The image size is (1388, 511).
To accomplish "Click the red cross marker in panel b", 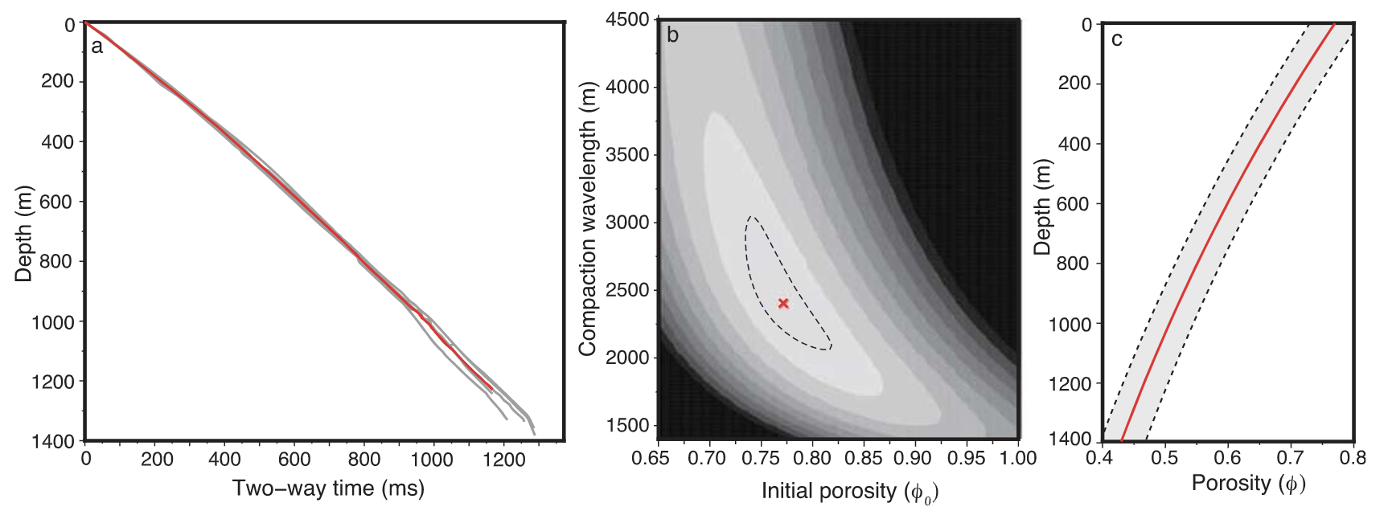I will (x=783, y=304).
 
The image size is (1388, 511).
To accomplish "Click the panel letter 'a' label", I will (x=97, y=47).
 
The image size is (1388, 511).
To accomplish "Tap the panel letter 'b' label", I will (x=672, y=35).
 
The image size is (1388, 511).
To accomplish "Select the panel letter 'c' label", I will (x=1116, y=39).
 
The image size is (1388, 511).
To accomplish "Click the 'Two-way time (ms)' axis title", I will (x=328, y=488).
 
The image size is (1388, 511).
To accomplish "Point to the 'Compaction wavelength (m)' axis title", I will (x=588, y=219).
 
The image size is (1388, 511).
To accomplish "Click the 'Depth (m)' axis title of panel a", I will (x=23, y=234).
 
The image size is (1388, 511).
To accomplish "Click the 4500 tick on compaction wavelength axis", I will (x=627, y=19).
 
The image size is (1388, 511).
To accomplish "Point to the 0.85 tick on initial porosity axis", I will (x=864, y=459).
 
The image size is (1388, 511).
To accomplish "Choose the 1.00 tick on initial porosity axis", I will (x=1018, y=459).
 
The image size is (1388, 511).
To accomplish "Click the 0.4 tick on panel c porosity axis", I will (x=1100, y=458).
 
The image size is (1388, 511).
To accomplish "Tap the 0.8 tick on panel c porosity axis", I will (x=1353, y=458).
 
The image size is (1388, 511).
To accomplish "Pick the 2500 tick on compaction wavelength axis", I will (x=627, y=290).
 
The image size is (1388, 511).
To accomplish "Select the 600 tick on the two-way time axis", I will (x=294, y=460).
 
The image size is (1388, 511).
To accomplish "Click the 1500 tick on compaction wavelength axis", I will (x=627, y=425).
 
